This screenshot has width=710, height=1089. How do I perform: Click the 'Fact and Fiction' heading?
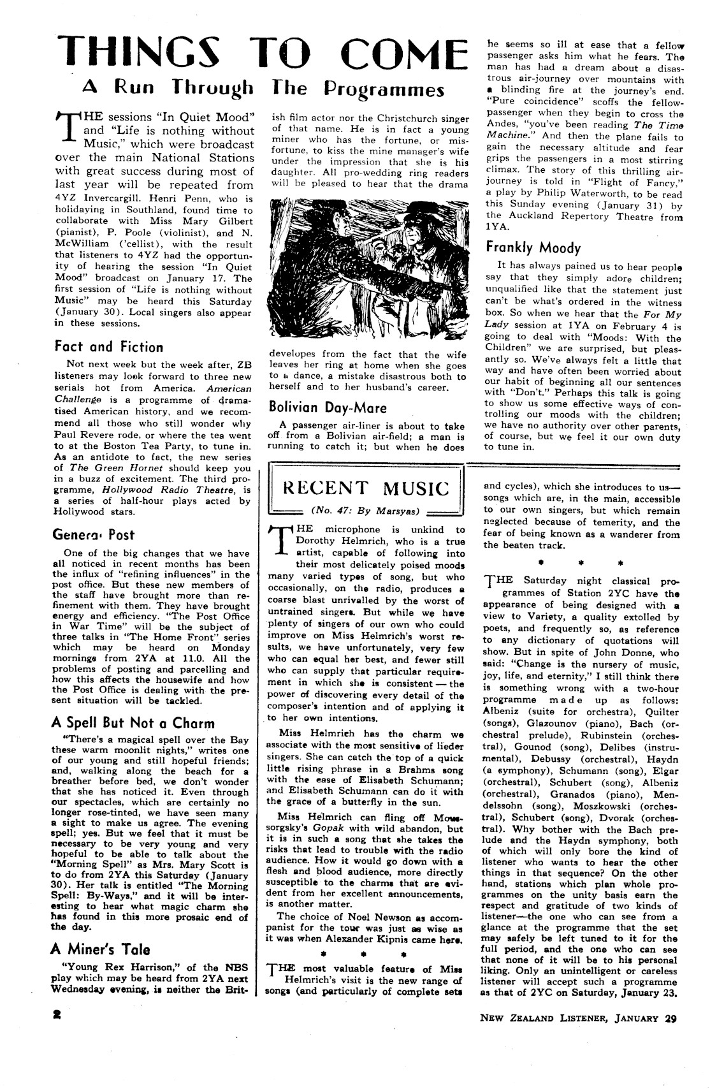coord(108,347)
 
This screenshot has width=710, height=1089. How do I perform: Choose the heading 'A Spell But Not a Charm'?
coord(132,723)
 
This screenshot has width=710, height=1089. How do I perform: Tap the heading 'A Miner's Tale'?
coord(100,949)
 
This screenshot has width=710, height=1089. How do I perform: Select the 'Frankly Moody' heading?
coord(533,247)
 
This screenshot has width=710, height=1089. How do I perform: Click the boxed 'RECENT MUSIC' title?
coord(366,488)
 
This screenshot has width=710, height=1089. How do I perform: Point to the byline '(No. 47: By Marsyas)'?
coord(365,509)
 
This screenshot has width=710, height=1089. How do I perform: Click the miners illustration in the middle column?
coord(366,269)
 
